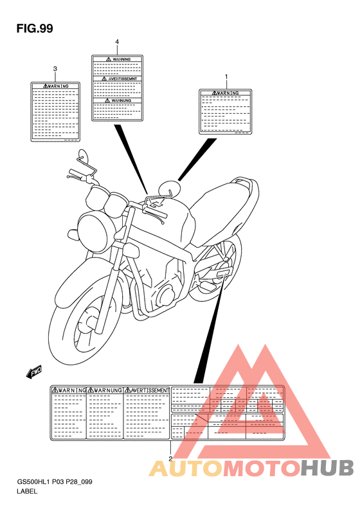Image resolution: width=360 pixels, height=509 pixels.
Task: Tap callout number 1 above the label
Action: pyautogui.click(x=226, y=77)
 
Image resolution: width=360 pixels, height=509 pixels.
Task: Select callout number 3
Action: pyautogui.click(x=55, y=68)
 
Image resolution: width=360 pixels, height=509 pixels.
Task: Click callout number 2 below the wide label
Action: pyautogui.click(x=170, y=459)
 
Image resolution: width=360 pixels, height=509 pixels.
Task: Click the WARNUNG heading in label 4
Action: pyautogui.click(x=117, y=100)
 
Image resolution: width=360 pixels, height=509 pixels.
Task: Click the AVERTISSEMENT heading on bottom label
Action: pyautogui.click(x=147, y=390)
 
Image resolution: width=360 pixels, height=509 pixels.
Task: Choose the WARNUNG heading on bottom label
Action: pyautogui.click(x=105, y=390)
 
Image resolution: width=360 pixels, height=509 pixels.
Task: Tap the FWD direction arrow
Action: pyautogui.click(x=34, y=371)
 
